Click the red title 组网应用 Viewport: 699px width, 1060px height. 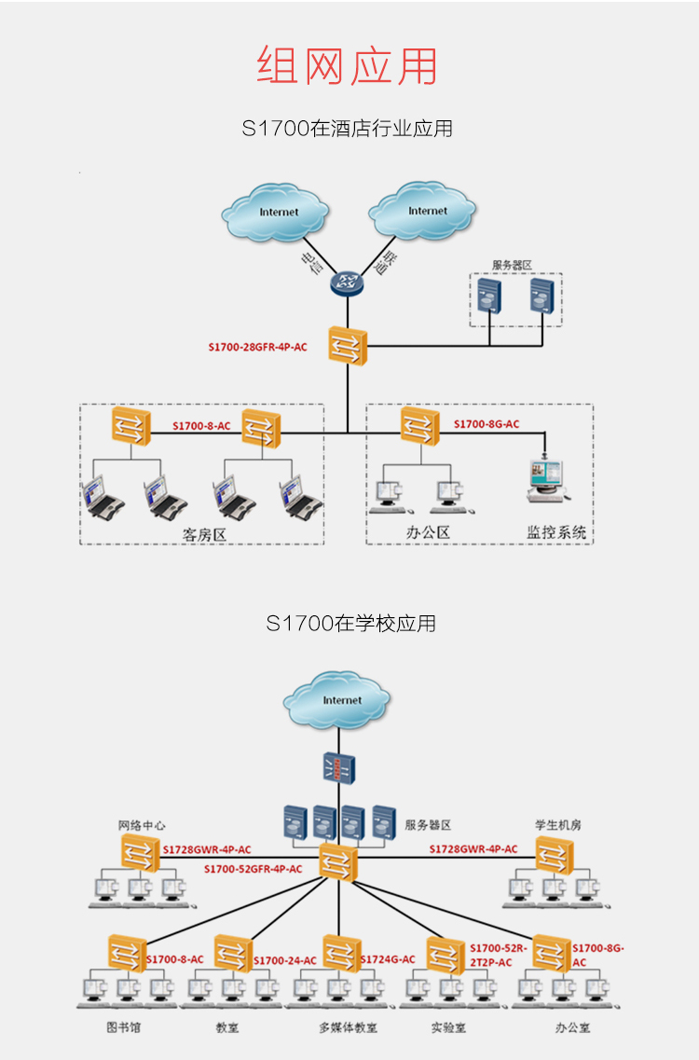(348, 66)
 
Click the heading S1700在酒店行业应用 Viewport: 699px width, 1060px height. (348, 129)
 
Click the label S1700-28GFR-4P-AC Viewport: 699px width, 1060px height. (257, 348)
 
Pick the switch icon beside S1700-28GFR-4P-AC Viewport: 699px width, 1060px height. (348, 346)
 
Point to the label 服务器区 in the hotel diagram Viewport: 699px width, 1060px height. (512, 266)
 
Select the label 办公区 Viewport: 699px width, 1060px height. (429, 532)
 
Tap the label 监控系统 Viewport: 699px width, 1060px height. (556, 532)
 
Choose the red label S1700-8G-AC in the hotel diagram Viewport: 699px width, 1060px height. (487, 425)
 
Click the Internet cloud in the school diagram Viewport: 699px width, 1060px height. (341, 700)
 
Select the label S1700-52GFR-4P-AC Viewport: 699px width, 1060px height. (254, 869)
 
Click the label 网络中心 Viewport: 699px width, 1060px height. (142, 825)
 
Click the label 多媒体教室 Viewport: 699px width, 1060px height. (348, 1027)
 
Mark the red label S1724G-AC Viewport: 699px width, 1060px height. (388, 959)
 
